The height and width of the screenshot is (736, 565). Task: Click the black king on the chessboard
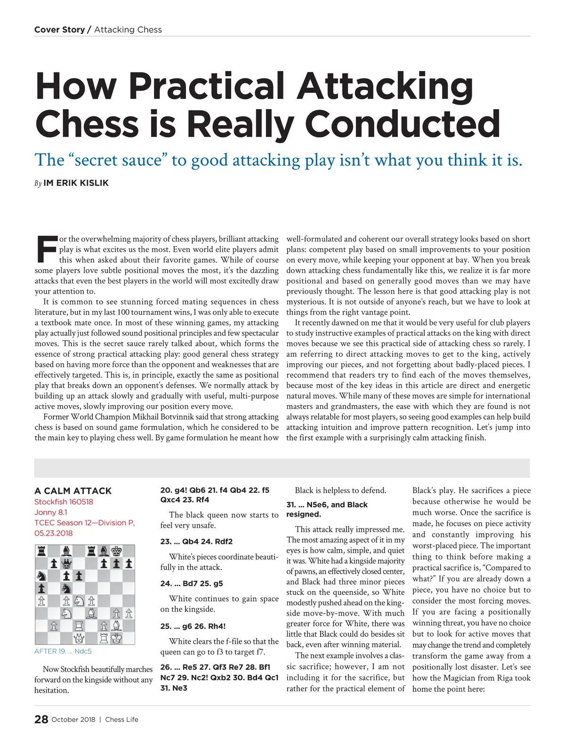coord(116,551)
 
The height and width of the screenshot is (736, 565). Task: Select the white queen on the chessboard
coord(79,638)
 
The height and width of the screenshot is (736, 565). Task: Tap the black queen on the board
coord(67,563)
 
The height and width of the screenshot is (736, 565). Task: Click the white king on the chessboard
coord(116,638)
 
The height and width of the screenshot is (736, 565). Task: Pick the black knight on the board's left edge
coord(41,576)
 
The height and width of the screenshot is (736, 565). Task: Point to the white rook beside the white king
coord(104,638)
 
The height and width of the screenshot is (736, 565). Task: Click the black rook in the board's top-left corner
coord(41,551)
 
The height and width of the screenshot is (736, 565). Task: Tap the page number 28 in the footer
coord(41,720)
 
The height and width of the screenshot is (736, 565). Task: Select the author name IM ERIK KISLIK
coord(76,183)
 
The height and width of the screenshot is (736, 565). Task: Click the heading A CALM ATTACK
coord(73,491)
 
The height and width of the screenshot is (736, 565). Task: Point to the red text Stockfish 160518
coord(64,502)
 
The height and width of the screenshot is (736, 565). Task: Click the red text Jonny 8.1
coord(51,512)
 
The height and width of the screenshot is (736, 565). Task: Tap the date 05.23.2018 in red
coord(53,533)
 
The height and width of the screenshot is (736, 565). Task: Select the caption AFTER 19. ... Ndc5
coord(63,651)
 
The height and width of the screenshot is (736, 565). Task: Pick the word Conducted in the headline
coord(403,124)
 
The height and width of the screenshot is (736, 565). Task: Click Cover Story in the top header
coord(59,30)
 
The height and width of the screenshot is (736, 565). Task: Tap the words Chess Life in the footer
coord(121,720)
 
